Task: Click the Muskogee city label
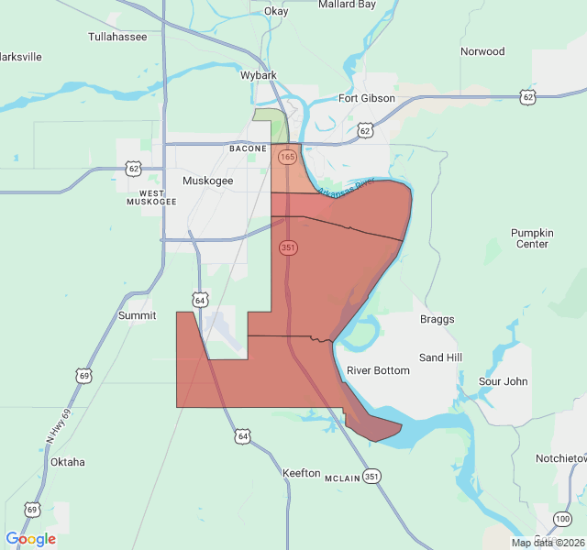(x=208, y=181)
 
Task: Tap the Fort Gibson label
(x=367, y=98)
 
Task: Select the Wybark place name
(x=259, y=75)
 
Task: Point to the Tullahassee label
(x=117, y=37)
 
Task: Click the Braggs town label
(x=437, y=319)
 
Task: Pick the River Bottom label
(x=378, y=370)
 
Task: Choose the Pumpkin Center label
(x=532, y=238)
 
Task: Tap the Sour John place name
(x=504, y=380)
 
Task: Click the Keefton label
(x=302, y=473)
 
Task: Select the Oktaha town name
(x=68, y=462)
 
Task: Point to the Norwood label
(x=482, y=51)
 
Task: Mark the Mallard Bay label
(x=348, y=5)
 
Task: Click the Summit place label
(x=137, y=315)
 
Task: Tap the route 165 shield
(x=288, y=157)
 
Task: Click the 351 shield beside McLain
(x=371, y=477)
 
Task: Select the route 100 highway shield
(x=562, y=520)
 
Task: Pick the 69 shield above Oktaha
(x=84, y=376)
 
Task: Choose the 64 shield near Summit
(x=200, y=299)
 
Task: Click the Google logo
(x=30, y=539)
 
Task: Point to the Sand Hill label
(x=440, y=357)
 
